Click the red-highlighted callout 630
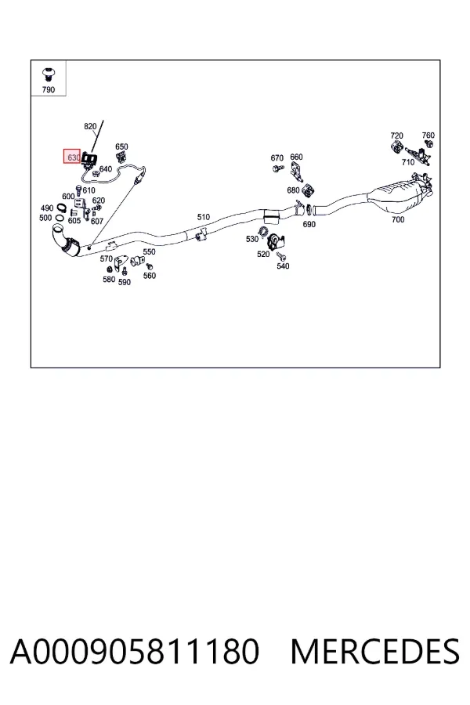point(71,157)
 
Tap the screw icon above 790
point(48,74)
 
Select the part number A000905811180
point(134,652)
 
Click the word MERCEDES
point(375,652)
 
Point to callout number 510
point(204,217)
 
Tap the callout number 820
point(90,126)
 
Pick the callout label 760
point(428,135)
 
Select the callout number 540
point(283,266)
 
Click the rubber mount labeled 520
point(277,242)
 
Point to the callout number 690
point(309,224)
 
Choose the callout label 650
point(121,146)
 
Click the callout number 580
point(109,279)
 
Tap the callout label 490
point(47,208)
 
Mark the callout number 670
point(277,157)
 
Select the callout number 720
point(396,136)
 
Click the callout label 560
point(150,276)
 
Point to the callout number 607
point(97,221)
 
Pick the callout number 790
point(48,89)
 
